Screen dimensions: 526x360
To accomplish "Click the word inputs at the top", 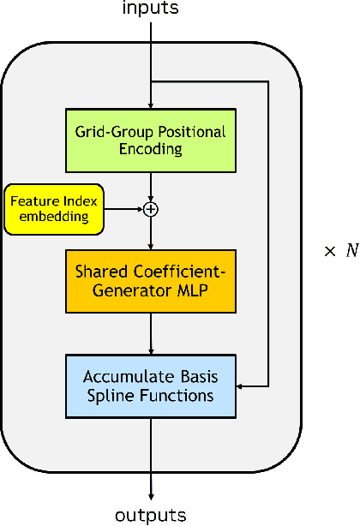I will [x=151, y=9].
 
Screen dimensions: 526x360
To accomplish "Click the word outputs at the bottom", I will [x=151, y=515].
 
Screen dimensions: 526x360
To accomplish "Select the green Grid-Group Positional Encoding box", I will [x=151, y=139].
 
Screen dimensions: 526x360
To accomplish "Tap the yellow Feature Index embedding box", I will [x=53, y=208].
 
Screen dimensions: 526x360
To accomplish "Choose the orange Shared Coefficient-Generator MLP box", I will [x=151, y=282].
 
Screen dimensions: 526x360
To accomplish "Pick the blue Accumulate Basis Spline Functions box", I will [x=151, y=387].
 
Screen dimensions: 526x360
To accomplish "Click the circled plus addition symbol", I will [x=151, y=208].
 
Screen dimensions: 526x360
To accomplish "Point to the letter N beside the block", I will [x=351, y=253].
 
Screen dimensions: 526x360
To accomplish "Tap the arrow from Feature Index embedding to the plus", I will [x=123, y=208].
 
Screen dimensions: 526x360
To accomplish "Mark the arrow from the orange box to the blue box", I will [x=151, y=334].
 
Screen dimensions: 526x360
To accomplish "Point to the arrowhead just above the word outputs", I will [x=151, y=495].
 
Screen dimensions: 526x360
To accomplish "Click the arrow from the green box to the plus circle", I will [x=151, y=183].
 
